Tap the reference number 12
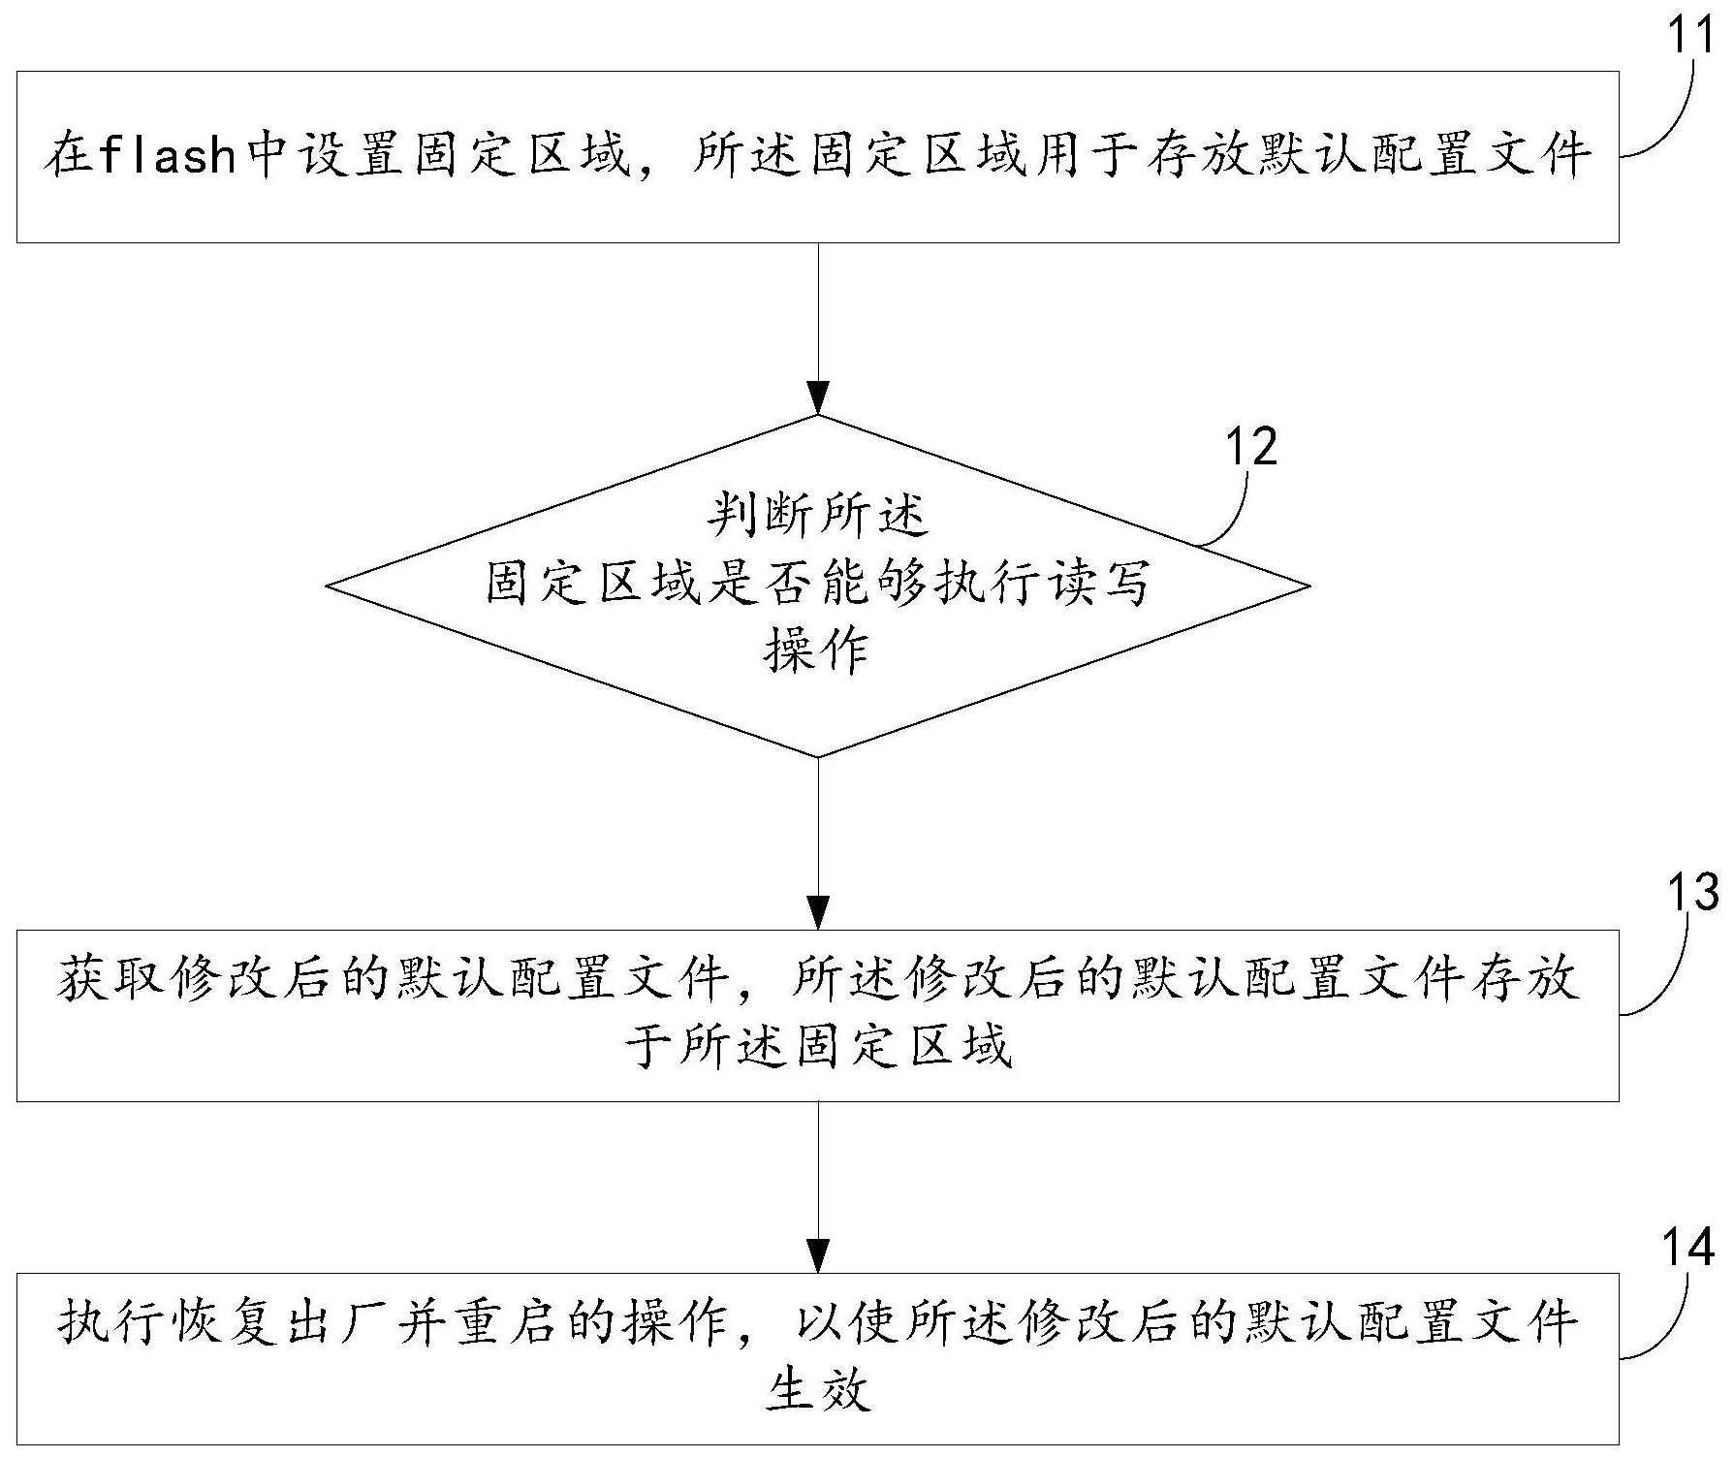click(1250, 447)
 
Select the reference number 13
click(1691, 891)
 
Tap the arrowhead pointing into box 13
click(819, 913)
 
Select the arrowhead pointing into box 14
click(819, 1256)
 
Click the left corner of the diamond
click(327, 586)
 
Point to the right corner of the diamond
click(1310, 586)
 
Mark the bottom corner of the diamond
click(819, 757)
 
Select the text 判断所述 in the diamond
click(817, 515)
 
